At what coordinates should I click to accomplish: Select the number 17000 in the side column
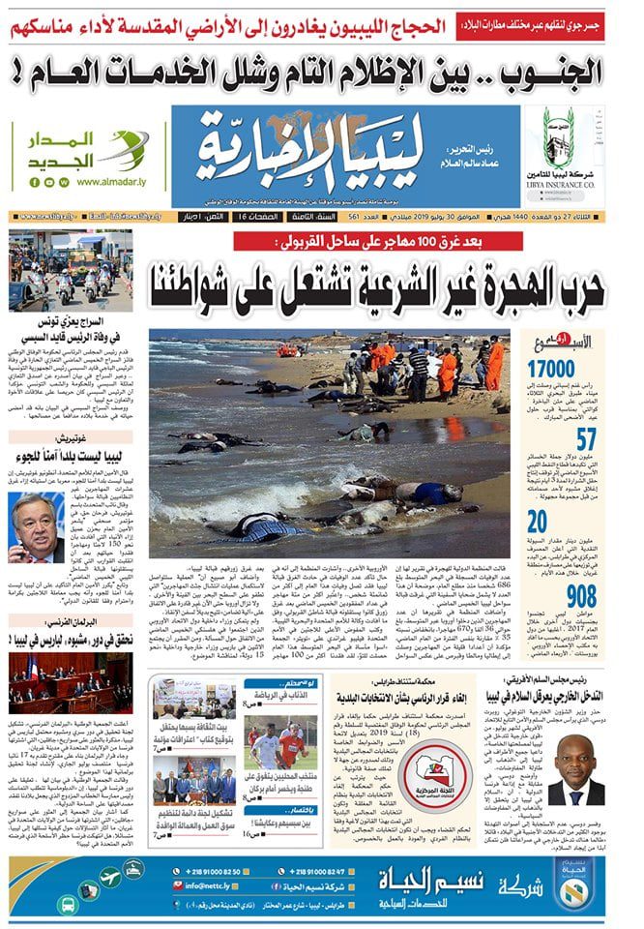[x=579, y=368]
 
